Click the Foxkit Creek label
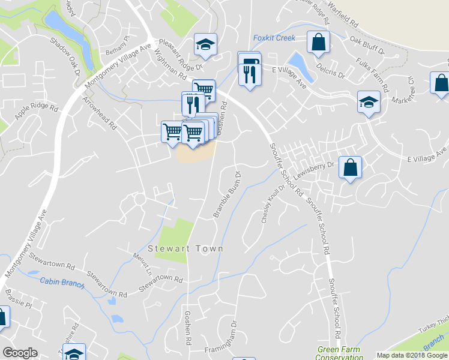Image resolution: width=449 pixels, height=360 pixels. pyautogui.click(x=274, y=38)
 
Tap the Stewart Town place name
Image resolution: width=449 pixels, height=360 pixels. pyautogui.click(x=185, y=248)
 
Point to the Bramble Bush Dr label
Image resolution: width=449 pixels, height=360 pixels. pyautogui.click(x=228, y=195)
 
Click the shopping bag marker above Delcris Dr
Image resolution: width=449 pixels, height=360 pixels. pyautogui.click(x=318, y=42)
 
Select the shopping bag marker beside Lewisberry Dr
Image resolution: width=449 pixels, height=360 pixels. pyautogui.click(x=350, y=167)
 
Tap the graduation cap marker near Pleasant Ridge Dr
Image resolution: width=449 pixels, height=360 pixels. pyautogui.click(x=205, y=44)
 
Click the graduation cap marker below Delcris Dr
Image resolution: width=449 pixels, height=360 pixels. pyautogui.click(x=369, y=102)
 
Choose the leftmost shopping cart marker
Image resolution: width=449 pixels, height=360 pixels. pyautogui.click(x=172, y=131)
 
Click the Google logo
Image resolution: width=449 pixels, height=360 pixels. pyautogui.click(x=20, y=353)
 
